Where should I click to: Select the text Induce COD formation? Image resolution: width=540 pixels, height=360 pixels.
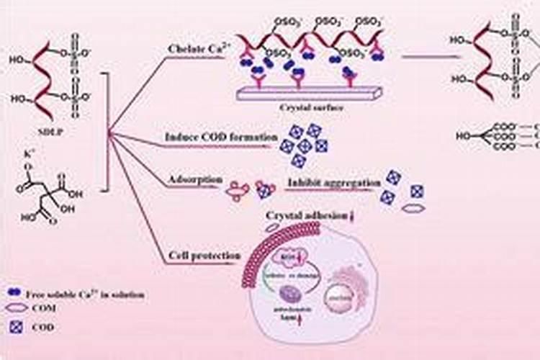coord(211,137)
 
